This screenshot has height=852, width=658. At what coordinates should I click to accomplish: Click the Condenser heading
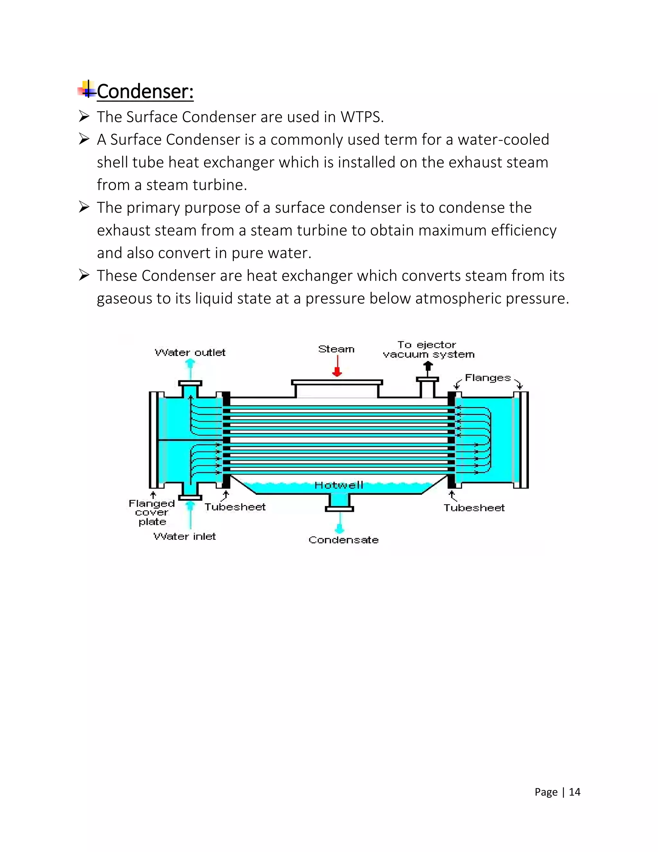click(x=145, y=92)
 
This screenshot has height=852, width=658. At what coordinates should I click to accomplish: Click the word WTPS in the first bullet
click(x=362, y=117)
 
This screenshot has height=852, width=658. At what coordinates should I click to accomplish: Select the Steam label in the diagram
click(x=336, y=349)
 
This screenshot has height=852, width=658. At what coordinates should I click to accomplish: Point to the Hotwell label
click(x=339, y=485)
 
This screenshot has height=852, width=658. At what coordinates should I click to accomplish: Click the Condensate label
click(x=343, y=540)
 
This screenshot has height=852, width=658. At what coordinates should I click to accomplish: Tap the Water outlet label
click(x=190, y=353)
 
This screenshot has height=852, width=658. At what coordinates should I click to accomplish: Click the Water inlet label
click(x=184, y=536)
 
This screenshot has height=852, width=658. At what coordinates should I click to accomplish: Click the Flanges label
click(x=488, y=378)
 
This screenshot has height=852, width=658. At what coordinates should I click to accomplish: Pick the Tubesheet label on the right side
click(x=474, y=508)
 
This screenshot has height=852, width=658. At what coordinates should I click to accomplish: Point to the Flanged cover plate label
click(x=152, y=512)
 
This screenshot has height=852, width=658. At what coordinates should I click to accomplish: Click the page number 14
click(x=574, y=792)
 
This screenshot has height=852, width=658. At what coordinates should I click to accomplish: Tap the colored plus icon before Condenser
click(x=87, y=89)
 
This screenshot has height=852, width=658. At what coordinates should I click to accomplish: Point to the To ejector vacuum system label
click(x=428, y=349)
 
